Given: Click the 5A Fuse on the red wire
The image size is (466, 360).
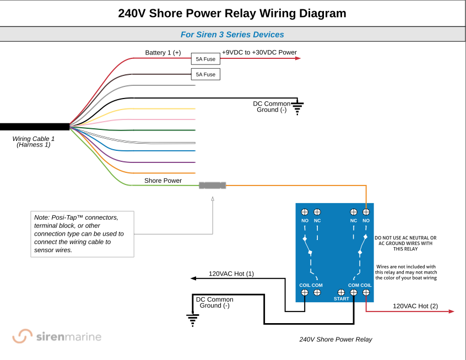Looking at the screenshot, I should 205,58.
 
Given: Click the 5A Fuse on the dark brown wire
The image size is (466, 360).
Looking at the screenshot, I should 205,74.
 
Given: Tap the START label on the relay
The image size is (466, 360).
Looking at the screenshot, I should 342,299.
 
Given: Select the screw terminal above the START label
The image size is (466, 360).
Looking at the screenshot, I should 342,292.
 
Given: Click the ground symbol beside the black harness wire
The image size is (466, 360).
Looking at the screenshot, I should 297,108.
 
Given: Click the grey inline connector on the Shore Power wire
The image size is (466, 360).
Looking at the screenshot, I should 213,186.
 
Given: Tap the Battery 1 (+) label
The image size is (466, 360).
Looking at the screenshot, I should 162,53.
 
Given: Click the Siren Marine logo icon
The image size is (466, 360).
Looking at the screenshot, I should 23,336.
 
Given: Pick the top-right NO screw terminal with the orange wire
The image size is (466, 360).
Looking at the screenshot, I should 366,212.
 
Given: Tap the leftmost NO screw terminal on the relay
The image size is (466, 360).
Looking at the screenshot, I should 305,212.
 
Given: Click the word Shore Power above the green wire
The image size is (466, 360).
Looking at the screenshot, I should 162,181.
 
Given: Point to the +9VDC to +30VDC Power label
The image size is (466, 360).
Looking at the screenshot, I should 259,53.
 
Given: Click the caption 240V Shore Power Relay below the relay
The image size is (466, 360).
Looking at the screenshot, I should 335,339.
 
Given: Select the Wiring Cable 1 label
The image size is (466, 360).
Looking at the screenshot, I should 34,139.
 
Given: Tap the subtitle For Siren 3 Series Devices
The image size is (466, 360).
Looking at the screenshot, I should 232,34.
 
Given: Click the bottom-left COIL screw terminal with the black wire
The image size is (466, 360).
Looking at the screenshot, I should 305,292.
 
